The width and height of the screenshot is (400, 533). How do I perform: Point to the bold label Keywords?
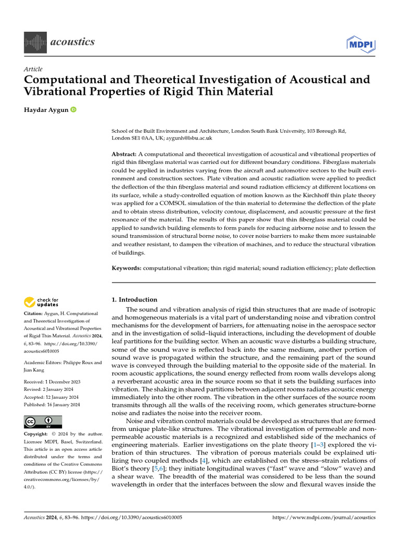point(127,268)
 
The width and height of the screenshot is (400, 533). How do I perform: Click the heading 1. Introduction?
point(134,299)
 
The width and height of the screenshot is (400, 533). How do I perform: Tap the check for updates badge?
point(41,301)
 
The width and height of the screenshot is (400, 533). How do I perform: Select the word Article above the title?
point(33,69)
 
